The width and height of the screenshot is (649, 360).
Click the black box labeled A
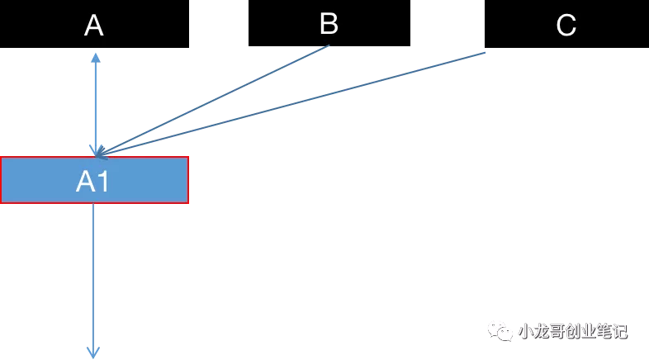coord(94,24)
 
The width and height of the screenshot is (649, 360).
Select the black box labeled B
coord(329,23)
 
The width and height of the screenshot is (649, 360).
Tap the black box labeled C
coord(566,24)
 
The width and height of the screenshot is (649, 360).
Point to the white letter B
coord(329,23)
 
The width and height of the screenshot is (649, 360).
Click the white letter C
coord(566,26)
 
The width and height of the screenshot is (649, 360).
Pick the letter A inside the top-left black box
coord(93,26)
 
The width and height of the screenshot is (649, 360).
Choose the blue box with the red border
coord(94,180)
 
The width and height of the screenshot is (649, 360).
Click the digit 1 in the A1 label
coord(104,182)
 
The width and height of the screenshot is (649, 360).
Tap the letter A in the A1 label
coord(86,182)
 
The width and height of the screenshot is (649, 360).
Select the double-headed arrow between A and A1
coord(96,105)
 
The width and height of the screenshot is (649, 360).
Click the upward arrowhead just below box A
coord(96,58)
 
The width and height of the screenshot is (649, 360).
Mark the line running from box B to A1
coord(213,101)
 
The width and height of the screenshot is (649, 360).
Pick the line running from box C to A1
coord(291,104)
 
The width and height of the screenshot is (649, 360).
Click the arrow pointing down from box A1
coord(93,281)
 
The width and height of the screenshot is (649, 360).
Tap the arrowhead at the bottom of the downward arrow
coord(93,353)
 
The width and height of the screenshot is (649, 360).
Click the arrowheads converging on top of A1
coord(98,151)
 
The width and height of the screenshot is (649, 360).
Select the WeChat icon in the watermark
coord(500,331)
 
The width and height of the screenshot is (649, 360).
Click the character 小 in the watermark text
coord(526,331)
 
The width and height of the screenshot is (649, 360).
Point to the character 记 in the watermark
coord(620,331)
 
